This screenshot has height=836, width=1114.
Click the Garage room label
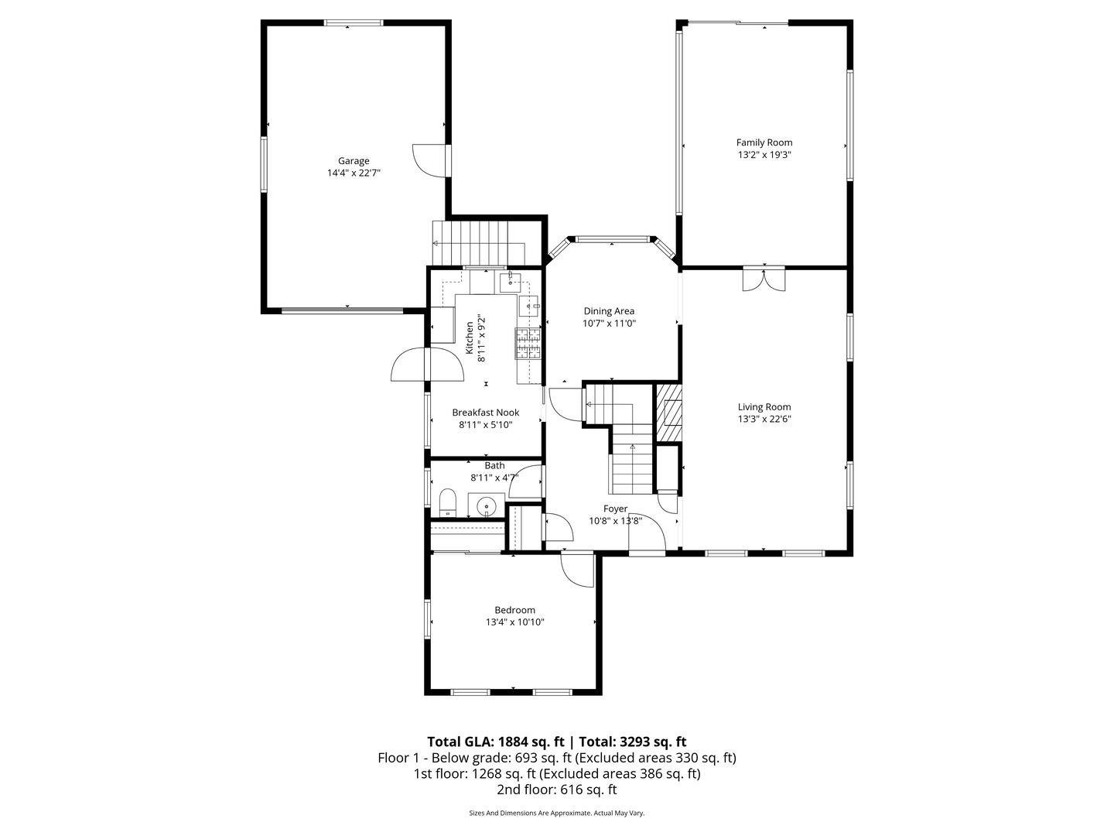click(353, 161)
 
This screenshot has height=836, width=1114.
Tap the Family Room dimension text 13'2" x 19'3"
click(764, 155)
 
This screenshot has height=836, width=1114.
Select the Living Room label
click(764, 407)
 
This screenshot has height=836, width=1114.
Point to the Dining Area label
click(608, 311)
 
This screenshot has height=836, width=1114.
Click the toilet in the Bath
click(448, 502)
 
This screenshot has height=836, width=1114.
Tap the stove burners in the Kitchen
click(528, 344)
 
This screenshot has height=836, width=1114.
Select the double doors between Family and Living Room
click(764, 279)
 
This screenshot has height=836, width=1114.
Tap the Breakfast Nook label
click(485, 413)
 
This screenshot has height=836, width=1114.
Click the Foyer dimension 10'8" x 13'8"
click(615, 521)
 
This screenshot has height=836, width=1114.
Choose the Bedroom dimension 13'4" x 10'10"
click(514, 622)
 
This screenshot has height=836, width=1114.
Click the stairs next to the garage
click(478, 242)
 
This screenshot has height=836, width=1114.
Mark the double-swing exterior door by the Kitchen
click(427, 365)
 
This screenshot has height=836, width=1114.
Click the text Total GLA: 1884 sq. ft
click(495, 741)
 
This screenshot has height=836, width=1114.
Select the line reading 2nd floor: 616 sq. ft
click(556, 790)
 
